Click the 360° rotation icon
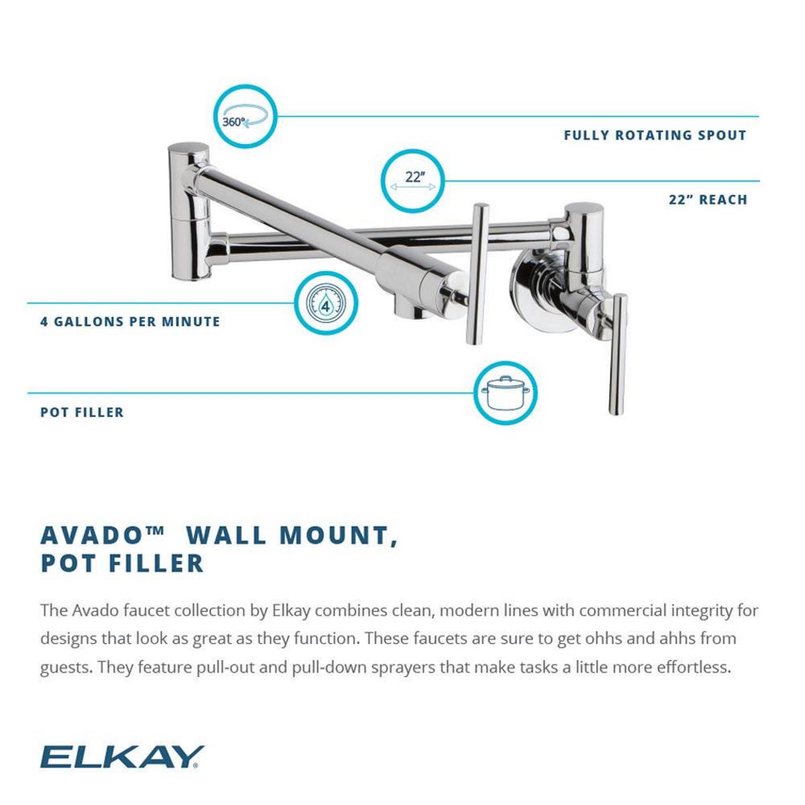click(246, 117)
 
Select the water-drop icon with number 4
click(327, 304)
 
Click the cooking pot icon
click(506, 393)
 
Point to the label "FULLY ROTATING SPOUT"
click(655, 136)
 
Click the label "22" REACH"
click(708, 200)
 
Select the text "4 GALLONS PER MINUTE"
click(130, 322)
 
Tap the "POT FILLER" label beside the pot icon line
click(82, 413)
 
